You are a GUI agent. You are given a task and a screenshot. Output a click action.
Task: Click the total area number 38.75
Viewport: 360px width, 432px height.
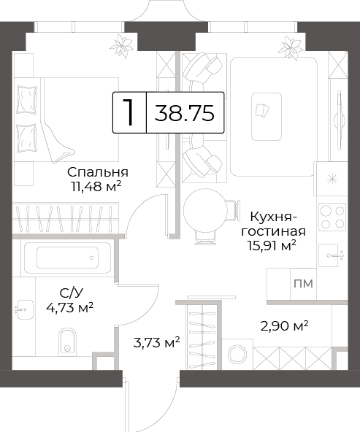click(185, 113)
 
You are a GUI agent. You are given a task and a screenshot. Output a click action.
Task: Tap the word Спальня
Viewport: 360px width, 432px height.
click(98, 172)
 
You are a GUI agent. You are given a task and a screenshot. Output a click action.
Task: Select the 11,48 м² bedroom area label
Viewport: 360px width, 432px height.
click(96, 187)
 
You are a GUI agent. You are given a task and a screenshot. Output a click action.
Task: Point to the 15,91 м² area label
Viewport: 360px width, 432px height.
click(272, 246)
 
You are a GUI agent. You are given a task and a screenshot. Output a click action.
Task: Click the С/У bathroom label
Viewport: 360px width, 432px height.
click(71, 293)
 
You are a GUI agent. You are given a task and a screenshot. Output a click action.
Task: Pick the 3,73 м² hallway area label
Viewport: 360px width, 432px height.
click(156, 343)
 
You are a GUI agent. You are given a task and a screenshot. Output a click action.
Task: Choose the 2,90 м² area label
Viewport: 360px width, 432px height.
click(284, 326)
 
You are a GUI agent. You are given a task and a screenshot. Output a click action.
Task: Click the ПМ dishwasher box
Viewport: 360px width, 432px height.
click(303, 283)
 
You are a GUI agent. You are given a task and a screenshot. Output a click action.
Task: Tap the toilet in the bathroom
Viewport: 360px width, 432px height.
click(67, 341)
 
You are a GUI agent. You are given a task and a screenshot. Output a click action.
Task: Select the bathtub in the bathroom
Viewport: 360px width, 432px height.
click(67, 258)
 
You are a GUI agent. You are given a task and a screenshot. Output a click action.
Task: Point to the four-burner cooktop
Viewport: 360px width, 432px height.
click(332, 217)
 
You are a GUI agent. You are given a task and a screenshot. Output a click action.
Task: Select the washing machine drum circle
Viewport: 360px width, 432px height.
click(237, 354)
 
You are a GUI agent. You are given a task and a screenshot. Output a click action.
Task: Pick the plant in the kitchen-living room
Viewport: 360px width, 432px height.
click(290, 47)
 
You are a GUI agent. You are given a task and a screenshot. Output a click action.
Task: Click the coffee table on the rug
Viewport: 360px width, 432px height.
click(267, 117)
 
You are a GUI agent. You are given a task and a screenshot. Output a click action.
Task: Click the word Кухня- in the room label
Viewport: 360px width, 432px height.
click(273, 217)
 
